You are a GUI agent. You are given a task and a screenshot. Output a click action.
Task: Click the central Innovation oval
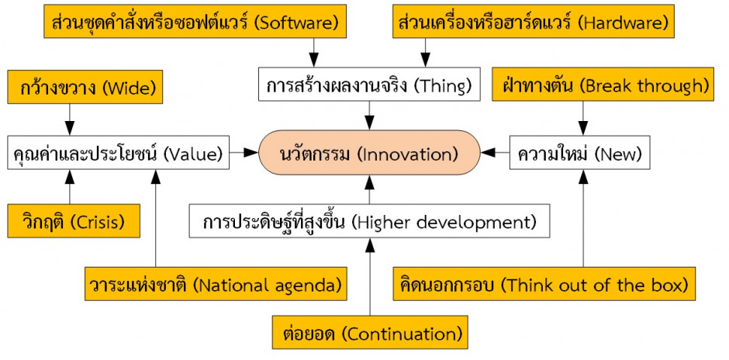[370, 153]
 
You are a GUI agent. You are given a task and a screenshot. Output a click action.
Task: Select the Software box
[195, 22]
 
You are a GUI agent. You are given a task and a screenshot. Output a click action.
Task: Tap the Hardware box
[534, 22]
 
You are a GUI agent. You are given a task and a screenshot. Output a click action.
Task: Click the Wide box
[85, 87]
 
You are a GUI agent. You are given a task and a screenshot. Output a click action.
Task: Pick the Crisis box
[74, 221]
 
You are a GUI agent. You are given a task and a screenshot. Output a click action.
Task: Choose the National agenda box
[216, 284]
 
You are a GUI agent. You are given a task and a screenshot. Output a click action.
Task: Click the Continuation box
[370, 333]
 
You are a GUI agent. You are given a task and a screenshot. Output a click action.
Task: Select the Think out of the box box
[544, 284]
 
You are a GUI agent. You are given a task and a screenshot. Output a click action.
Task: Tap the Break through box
[603, 85]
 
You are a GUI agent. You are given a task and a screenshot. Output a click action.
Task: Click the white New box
[580, 153]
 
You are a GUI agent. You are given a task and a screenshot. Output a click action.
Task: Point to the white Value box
[119, 153]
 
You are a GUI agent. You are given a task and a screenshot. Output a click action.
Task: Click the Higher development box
[370, 221]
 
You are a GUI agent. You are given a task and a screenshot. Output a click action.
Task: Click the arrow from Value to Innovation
[244, 153]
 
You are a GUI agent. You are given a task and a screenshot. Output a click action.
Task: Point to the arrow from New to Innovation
[495, 153]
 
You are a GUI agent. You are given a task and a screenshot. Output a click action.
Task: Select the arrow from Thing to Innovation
[370, 116]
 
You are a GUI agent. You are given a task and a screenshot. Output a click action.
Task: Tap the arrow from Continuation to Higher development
[370, 277]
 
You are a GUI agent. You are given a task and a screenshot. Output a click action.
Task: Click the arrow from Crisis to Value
[70, 186]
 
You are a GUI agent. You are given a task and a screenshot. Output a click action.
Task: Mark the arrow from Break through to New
[583, 118]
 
